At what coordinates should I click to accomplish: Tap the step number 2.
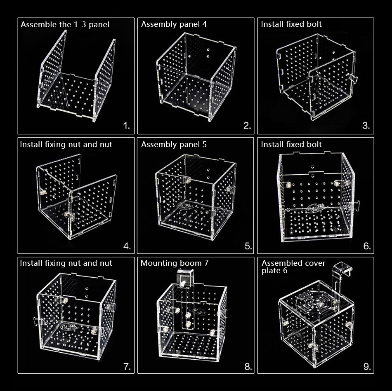click(x=247, y=126)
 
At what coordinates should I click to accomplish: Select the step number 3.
click(x=366, y=126)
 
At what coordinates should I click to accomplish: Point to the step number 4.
click(x=127, y=246)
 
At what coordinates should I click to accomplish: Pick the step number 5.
click(x=248, y=246)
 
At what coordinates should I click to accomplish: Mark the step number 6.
click(x=367, y=246)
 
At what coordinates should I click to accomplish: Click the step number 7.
click(x=127, y=367)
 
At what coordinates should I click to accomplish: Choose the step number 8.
click(x=248, y=367)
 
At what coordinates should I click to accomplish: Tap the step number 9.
click(x=367, y=367)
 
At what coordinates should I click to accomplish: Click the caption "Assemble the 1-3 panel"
click(x=65, y=24)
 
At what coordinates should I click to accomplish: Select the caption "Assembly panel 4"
click(x=174, y=24)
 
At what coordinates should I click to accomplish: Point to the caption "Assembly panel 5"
click(x=174, y=145)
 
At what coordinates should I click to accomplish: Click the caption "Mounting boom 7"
click(x=175, y=263)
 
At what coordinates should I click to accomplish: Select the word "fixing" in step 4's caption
click(x=56, y=145)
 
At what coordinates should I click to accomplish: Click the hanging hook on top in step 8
click(x=185, y=278)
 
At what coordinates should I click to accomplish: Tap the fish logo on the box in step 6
click(x=317, y=208)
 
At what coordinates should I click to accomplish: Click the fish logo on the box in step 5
click(x=186, y=205)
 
